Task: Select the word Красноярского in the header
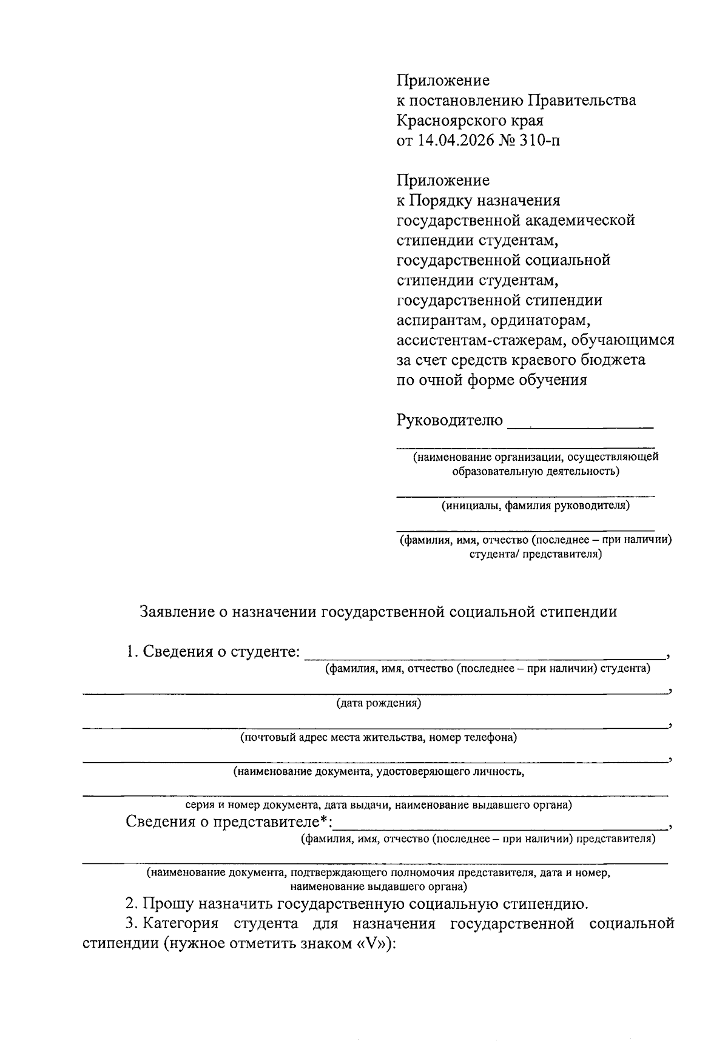coord(448,121)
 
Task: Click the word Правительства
coord(581,101)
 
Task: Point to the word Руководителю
coord(450,420)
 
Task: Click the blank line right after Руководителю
coord(580,425)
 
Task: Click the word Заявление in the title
coord(175,611)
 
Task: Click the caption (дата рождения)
coord(379,703)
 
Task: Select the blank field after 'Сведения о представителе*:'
coord(500,827)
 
